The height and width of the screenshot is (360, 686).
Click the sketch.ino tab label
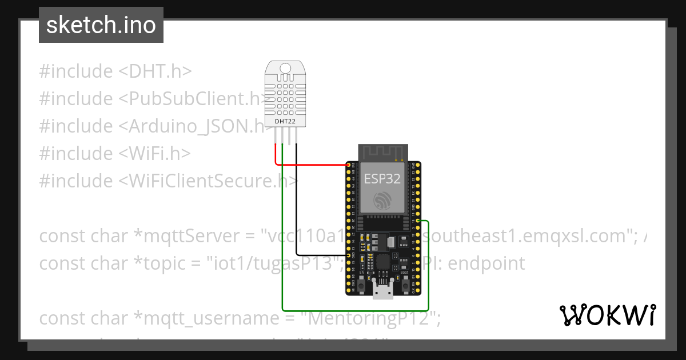click(x=101, y=25)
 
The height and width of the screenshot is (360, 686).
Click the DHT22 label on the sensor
click(x=285, y=121)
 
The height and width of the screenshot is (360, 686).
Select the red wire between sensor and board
click(x=314, y=165)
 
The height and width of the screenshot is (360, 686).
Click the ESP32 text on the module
click(x=382, y=178)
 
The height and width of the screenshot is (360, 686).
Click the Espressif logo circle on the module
click(x=382, y=201)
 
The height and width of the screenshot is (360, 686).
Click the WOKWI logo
click(x=607, y=315)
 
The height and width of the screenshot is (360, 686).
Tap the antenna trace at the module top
click(x=382, y=152)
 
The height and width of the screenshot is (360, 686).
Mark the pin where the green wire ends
click(x=418, y=221)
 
